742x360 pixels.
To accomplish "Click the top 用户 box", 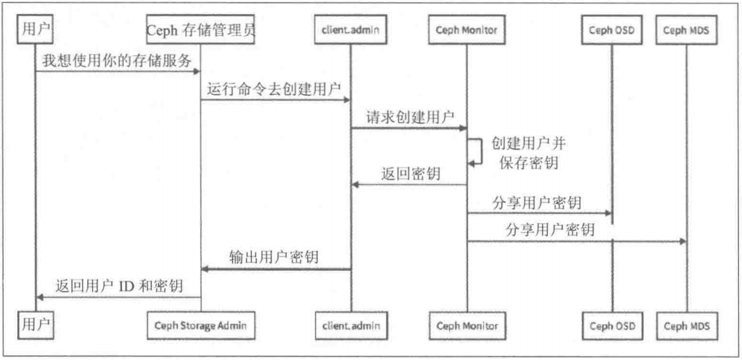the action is [35, 29].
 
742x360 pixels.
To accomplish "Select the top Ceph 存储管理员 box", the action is [200, 29].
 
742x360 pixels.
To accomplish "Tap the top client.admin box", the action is [350, 29].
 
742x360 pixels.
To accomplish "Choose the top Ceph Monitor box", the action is [467, 30].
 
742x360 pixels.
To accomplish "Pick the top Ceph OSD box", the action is [612, 30].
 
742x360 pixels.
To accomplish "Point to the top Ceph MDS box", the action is [686, 30].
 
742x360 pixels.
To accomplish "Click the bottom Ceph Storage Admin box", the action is [201, 326].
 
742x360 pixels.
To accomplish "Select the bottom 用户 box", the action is [36, 325].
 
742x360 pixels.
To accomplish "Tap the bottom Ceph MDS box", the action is [687, 326].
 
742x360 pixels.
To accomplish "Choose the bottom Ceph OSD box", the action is [613, 326].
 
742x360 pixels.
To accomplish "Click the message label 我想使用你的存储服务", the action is [117, 60].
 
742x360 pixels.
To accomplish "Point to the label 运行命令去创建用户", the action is [274, 88].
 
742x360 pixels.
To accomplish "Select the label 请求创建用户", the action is [410, 117].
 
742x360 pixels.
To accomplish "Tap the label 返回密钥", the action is [411, 173].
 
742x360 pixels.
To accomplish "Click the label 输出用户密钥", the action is [274, 257].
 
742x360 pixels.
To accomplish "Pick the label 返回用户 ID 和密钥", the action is [119, 286].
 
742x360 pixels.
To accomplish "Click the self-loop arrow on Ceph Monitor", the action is [481, 151].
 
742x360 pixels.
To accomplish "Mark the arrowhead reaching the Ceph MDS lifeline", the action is [683, 241].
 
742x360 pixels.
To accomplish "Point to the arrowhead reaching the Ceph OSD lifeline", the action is [608, 213].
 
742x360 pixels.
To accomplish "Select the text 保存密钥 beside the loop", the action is [528, 163].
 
